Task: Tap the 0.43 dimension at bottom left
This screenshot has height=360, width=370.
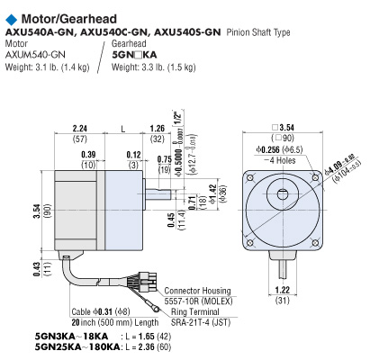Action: [x=11, y=270]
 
